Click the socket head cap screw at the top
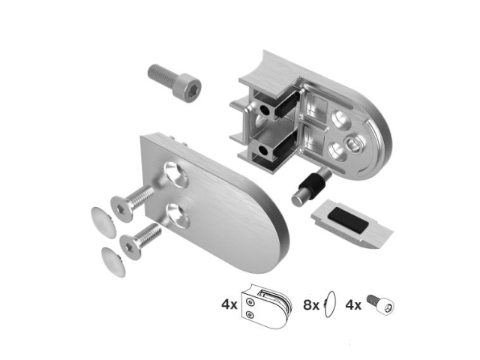174,82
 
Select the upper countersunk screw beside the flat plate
132,202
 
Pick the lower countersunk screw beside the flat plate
140,241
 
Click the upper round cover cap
103,222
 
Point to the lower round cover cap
113,262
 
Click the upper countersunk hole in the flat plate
177,173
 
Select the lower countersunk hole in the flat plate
178,215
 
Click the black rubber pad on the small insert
347,220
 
